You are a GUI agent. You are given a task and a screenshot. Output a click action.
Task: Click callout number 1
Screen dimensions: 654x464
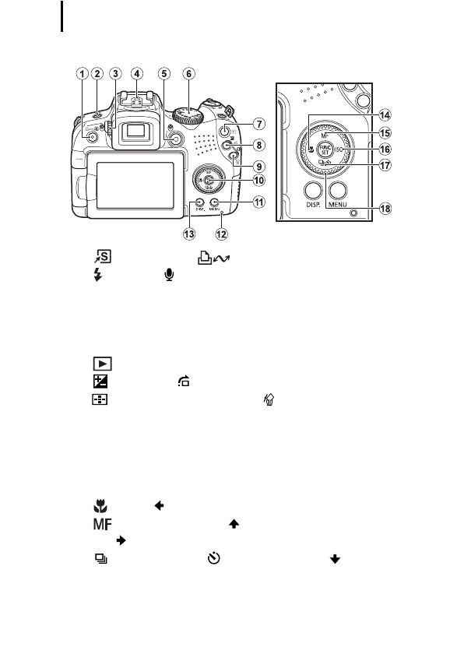click(83, 74)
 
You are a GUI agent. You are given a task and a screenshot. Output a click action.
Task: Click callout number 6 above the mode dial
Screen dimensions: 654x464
click(188, 74)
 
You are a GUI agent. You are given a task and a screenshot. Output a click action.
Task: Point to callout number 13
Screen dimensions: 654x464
click(188, 233)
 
